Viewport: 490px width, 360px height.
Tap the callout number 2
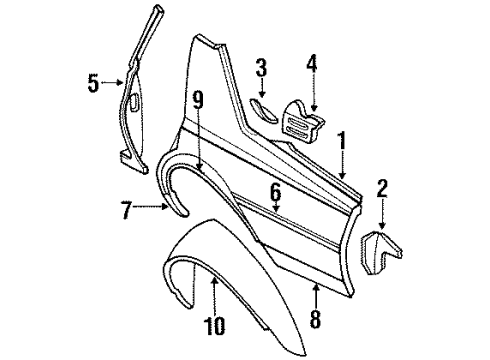tap(381, 187)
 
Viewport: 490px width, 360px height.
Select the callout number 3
tap(260, 68)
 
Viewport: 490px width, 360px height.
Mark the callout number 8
tap(315, 320)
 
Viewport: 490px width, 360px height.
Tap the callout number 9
tap(198, 99)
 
